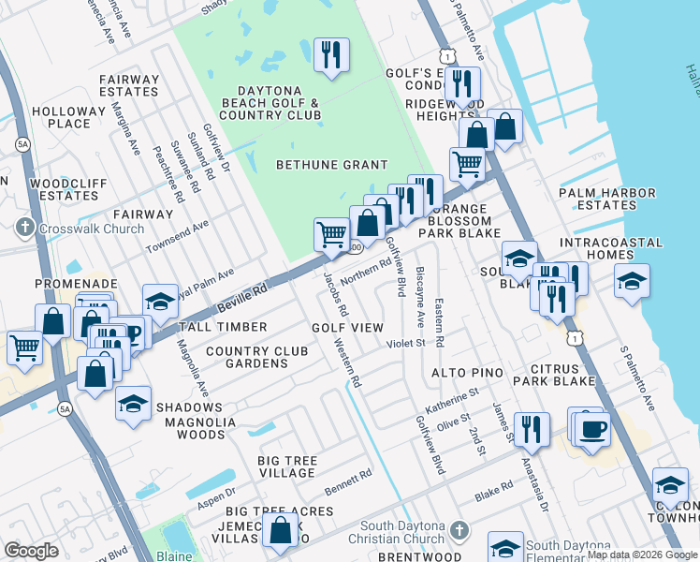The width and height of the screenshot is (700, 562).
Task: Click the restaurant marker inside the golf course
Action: (x=331, y=56)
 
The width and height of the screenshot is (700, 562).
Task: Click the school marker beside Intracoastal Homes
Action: (x=633, y=281)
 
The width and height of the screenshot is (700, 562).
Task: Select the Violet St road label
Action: (x=406, y=344)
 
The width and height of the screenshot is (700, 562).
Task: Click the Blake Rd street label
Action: (x=494, y=489)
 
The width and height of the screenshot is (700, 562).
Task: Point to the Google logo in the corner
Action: (x=31, y=551)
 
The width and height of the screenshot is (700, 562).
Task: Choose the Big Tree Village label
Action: (x=287, y=466)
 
